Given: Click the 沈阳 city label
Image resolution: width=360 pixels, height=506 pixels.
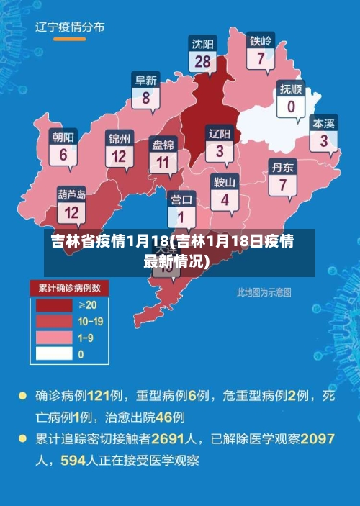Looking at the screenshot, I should point(203,43).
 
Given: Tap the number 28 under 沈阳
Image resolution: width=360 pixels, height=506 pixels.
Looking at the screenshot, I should point(203,62).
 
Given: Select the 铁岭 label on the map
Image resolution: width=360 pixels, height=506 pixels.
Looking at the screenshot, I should point(261,41).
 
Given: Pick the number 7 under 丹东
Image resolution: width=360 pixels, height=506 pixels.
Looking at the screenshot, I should point(282,184).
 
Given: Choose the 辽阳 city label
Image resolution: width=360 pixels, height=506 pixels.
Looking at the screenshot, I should point(220,134).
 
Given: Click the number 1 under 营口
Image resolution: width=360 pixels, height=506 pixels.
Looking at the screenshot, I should point(181,216).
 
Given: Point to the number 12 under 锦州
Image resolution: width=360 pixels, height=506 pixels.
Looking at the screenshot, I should point(119,155).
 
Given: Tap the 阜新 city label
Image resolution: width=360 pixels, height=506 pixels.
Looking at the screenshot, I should point(146,80).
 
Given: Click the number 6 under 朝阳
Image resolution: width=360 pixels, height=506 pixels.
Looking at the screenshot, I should point(63,154).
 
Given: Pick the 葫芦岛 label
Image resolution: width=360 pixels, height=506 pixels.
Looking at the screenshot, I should point(72,194).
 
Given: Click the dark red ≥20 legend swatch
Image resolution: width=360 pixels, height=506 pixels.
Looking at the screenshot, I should point(55,304).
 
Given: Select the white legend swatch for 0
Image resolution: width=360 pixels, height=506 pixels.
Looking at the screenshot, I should point(55,353).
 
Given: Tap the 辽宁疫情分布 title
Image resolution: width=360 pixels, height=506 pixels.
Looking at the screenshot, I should point(70,27).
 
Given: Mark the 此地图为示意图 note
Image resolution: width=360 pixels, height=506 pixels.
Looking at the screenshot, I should point(264,292).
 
